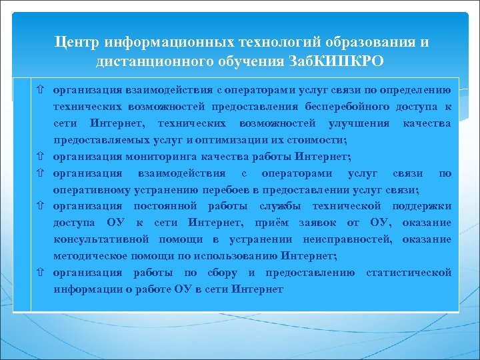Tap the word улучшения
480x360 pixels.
tap(359, 123)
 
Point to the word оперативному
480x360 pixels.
tap(94, 189)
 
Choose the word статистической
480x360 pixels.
tap(408, 273)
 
